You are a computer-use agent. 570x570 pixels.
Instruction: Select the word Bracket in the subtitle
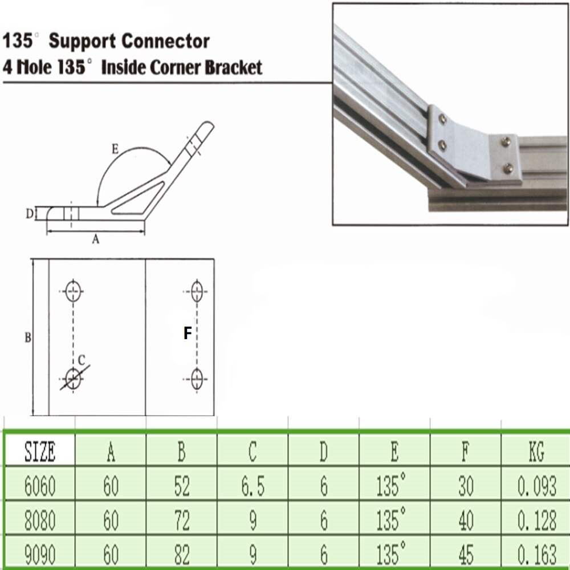pos(229,68)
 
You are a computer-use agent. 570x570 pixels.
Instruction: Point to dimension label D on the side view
pos(29,214)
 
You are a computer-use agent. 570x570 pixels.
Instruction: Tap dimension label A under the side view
pos(96,241)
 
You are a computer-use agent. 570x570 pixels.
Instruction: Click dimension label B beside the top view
pos(27,337)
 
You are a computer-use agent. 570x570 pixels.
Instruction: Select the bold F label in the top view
pos(188,333)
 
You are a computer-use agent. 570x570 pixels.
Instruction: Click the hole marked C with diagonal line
pos(73,377)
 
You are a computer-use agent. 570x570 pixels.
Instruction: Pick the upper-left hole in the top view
pos(73,291)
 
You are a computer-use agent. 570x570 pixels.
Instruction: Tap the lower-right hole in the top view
pos(197,378)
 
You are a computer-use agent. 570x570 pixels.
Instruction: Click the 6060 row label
pos(40,486)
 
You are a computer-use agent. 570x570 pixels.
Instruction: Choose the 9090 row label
pos(40,553)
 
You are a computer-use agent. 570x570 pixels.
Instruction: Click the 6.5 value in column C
pos(253,486)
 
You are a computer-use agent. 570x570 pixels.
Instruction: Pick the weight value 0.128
pos(536,520)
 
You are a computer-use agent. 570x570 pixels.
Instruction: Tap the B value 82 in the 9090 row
pos(181,553)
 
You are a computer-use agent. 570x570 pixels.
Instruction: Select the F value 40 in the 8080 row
pos(466,520)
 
